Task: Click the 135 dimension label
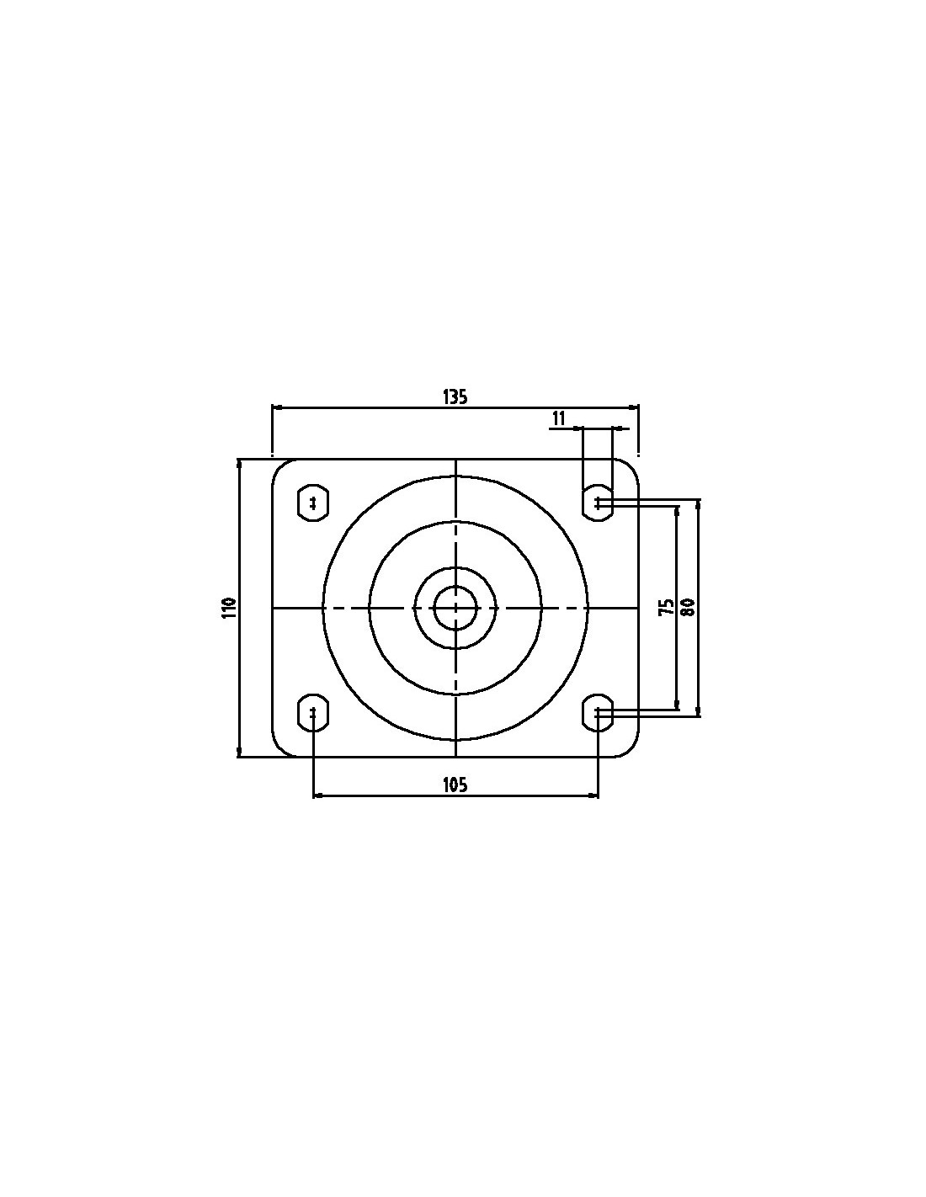[455, 396]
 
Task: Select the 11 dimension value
[558, 418]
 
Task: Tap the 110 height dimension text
[229, 608]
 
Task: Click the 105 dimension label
[455, 785]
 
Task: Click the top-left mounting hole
[313, 503]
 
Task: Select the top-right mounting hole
[598, 503]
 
